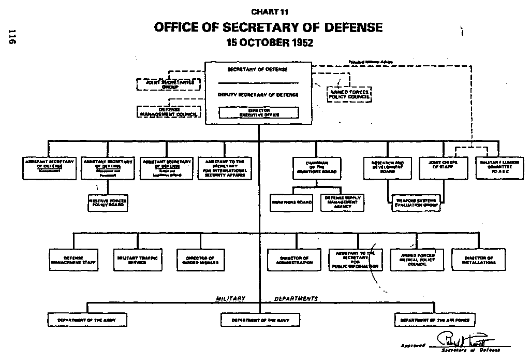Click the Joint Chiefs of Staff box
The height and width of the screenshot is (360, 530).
click(x=439, y=167)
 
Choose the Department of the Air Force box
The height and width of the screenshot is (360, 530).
click(x=434, y=320)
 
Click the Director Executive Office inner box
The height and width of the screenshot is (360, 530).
click(x=259, y=112)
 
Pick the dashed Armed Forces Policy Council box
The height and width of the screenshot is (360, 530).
click(x=349, y=94)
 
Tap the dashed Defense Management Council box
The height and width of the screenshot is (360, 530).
click(x=169, y=111)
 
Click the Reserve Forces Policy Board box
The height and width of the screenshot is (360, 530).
click(x=107, y=203)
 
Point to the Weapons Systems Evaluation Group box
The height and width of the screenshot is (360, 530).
click(x=417, y=203)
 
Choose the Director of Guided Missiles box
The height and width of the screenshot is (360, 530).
click(x=200, y=260)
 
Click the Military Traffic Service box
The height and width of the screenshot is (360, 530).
click(x=137, y=260)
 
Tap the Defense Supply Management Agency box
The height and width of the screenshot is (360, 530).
click(x=343, y=202)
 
